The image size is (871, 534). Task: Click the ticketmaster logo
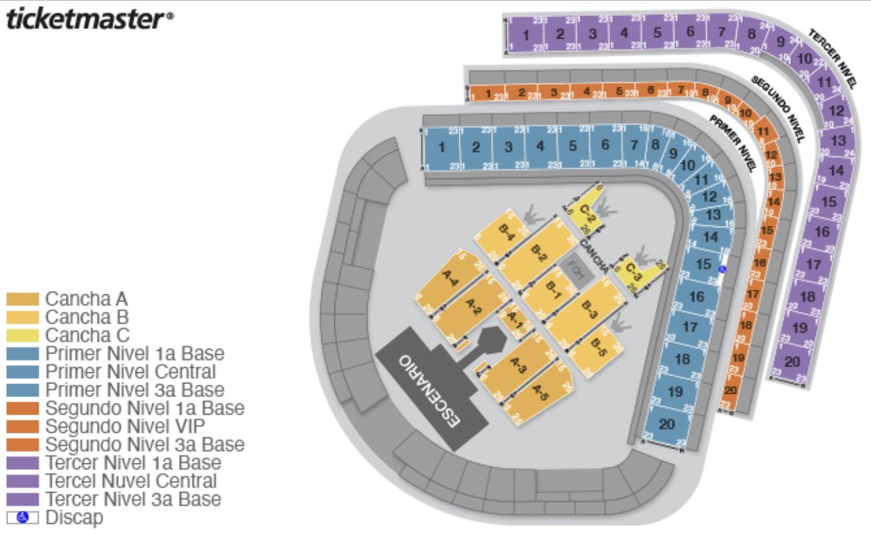[89, 19]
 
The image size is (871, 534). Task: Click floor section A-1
[515, 318]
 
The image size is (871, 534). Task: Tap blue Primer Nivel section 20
[667, 425]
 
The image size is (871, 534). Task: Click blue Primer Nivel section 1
[442, 147]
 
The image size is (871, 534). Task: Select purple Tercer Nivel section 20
[792, 362]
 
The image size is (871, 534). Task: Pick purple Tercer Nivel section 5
[657, 33]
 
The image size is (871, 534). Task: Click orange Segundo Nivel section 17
[752, 294]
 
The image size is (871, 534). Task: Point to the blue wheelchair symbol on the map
[722, 269]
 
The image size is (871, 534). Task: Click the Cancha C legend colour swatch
[22, 335]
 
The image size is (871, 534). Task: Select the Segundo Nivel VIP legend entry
[144, 426]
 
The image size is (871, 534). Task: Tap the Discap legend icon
[22, 518]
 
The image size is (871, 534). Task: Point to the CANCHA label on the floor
[594, 252]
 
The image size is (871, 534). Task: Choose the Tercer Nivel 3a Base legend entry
[133, 499]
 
